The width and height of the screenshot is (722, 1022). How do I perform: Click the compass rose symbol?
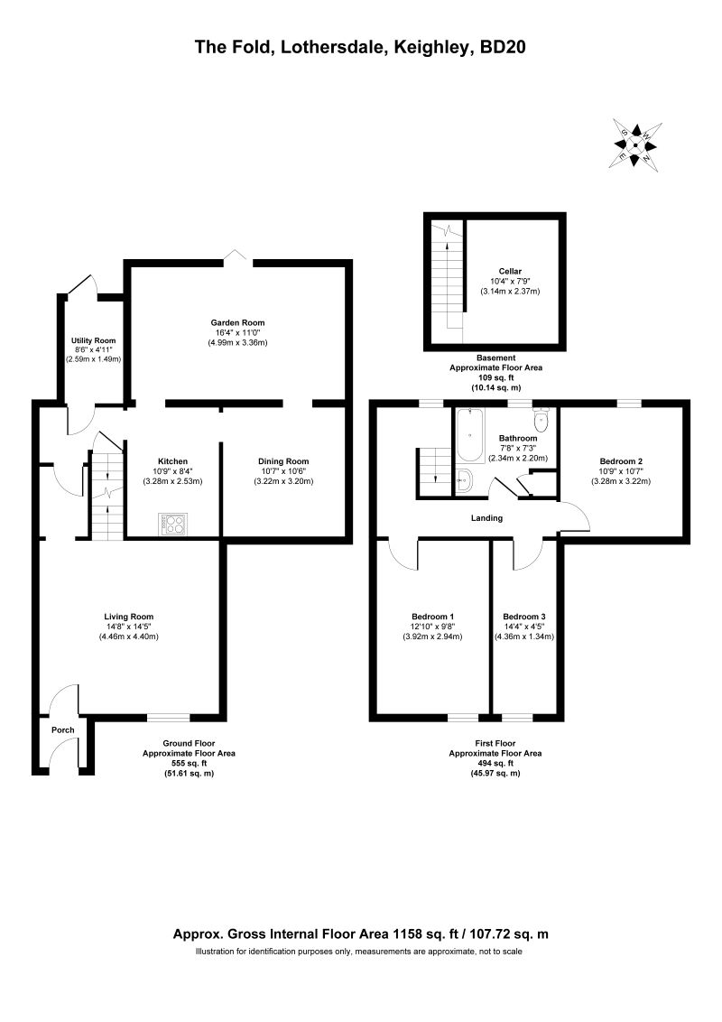635,144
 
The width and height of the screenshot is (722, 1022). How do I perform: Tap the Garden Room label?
237,322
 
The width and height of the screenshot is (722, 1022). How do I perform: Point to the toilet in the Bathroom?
542,420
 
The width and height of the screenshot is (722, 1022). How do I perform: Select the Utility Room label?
94,340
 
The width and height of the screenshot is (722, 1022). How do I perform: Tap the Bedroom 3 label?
524,617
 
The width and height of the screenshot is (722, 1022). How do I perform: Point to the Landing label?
486,518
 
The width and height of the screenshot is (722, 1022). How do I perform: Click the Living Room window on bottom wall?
169,718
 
